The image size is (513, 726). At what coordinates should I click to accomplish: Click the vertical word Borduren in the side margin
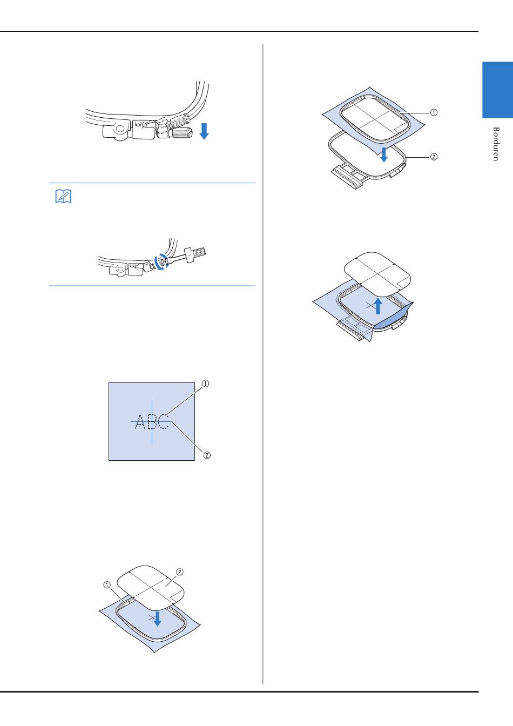(496, 144)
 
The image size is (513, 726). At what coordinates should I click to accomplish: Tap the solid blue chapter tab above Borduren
(497, 90)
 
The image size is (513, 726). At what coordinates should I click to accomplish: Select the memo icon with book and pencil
(63, 197)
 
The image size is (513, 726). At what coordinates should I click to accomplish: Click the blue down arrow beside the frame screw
(204, 131)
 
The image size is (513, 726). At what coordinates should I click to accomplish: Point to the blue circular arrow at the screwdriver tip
(161, 261)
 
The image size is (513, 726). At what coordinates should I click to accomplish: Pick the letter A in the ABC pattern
(140, 422)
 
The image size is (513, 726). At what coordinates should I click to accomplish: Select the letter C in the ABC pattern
(164, 421)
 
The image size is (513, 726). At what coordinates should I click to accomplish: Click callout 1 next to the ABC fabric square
(205, 384)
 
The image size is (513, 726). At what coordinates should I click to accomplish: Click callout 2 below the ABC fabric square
(207, 455)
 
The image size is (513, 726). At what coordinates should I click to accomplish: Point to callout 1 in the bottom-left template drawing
(107, 585)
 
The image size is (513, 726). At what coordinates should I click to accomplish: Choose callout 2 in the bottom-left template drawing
(179, 572)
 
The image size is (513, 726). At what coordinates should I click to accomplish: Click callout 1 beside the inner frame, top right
(434, 112)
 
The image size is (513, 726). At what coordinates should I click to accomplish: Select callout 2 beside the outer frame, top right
(434, 157)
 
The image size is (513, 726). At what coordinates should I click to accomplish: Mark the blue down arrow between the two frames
(384, 154)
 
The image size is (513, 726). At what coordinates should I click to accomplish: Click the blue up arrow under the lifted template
(378, 306)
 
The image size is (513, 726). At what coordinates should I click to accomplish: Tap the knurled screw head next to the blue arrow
(182, 133)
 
